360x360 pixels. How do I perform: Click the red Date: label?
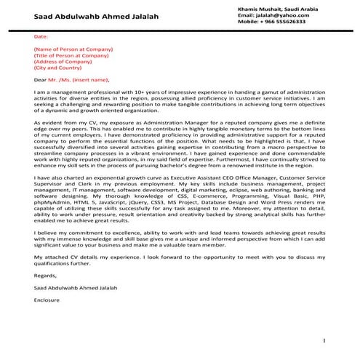[x=41, y=35]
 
